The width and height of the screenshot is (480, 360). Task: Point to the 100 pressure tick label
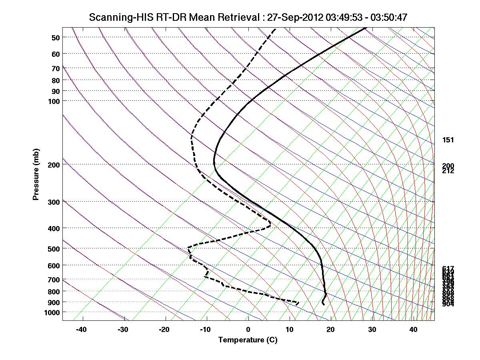coord(54,101)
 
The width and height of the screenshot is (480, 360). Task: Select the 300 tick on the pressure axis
coord(54,202)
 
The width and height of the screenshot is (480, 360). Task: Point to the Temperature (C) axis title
coord(248,340)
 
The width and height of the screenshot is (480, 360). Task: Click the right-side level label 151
coord(448,140)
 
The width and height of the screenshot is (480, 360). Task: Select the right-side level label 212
coord(448,171)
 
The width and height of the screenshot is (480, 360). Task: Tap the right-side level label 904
coord(448,304)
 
